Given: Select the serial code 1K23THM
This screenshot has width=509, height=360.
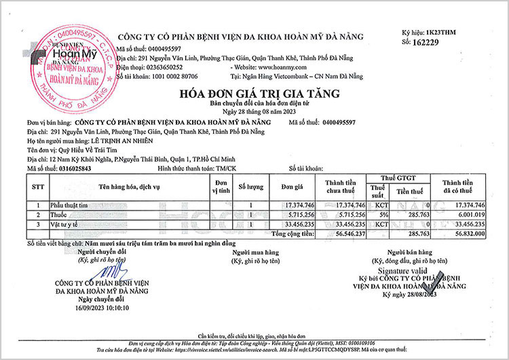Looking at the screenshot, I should coord(465,32).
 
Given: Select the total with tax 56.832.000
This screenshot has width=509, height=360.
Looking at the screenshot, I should coord(463,233).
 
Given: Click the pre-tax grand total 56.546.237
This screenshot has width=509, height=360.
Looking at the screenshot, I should coord(346,233).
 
